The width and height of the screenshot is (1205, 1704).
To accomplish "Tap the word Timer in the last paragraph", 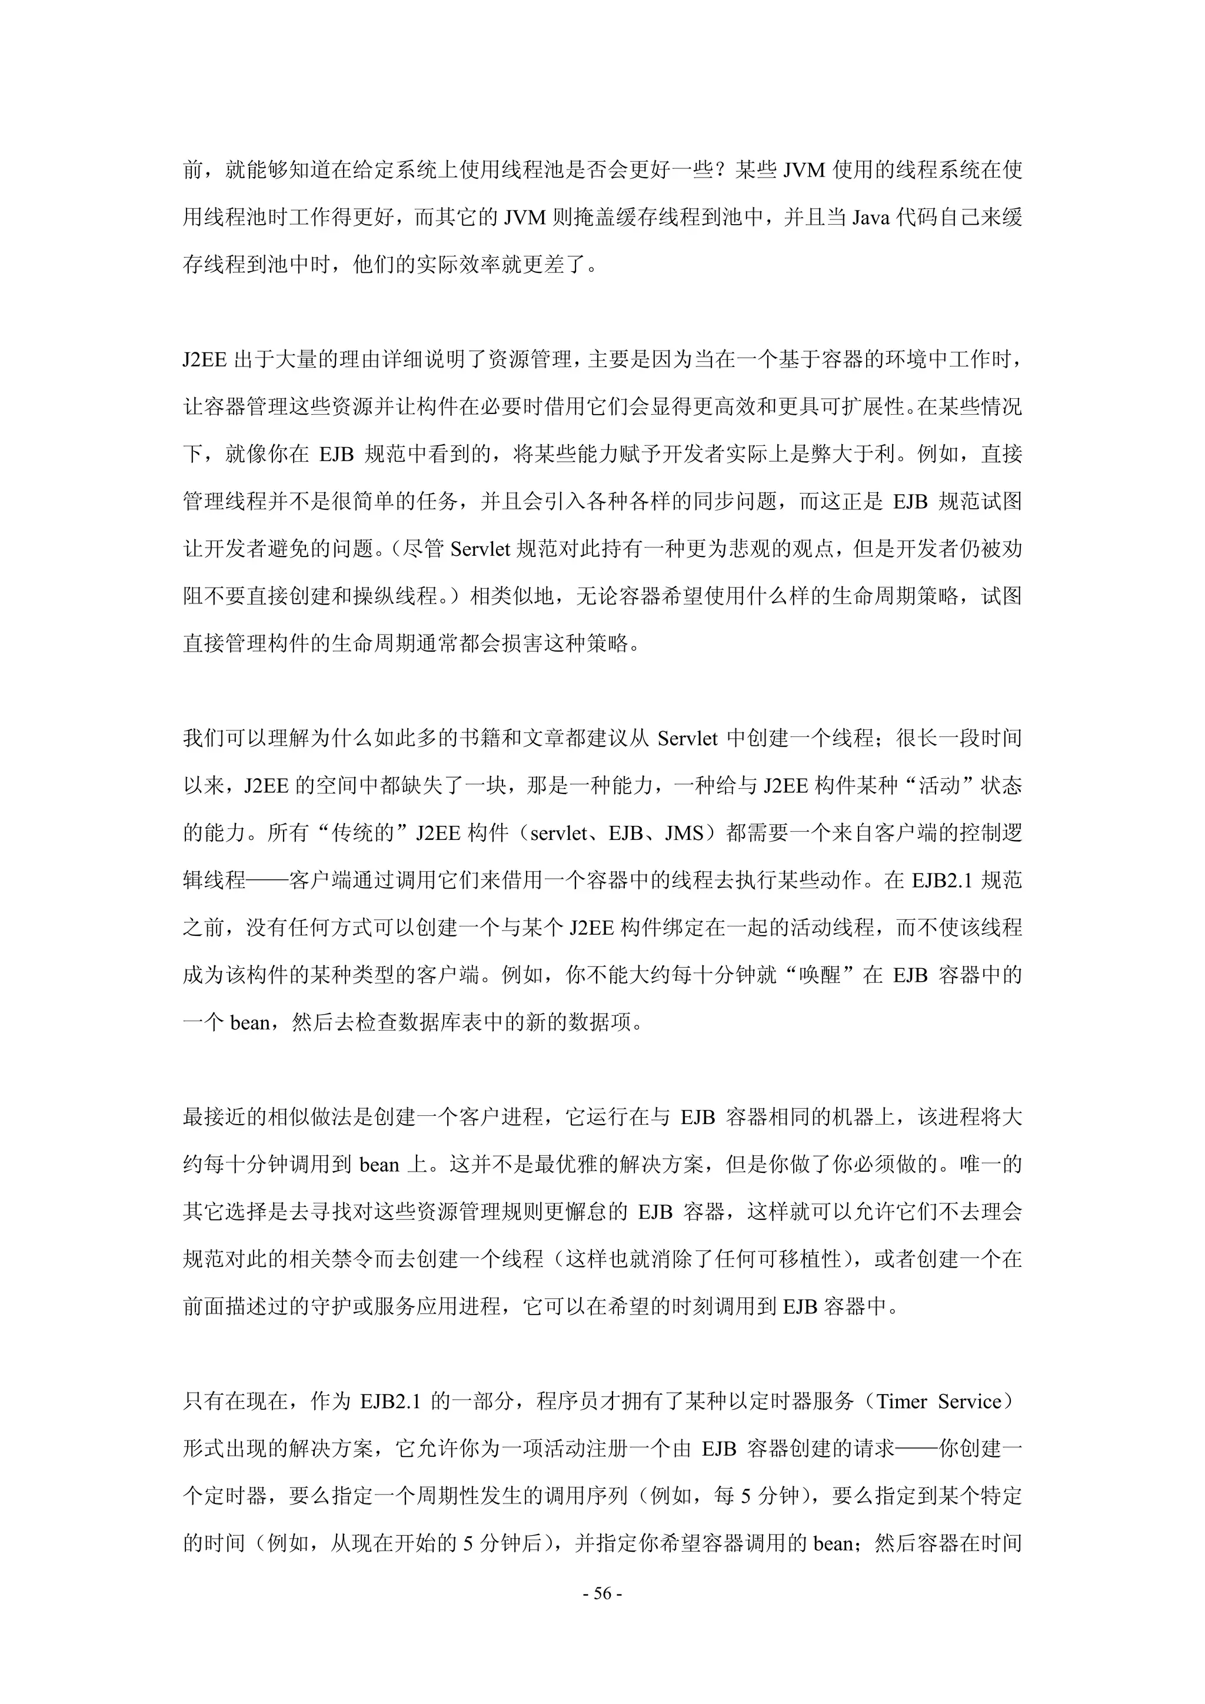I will click(901, 1401).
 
